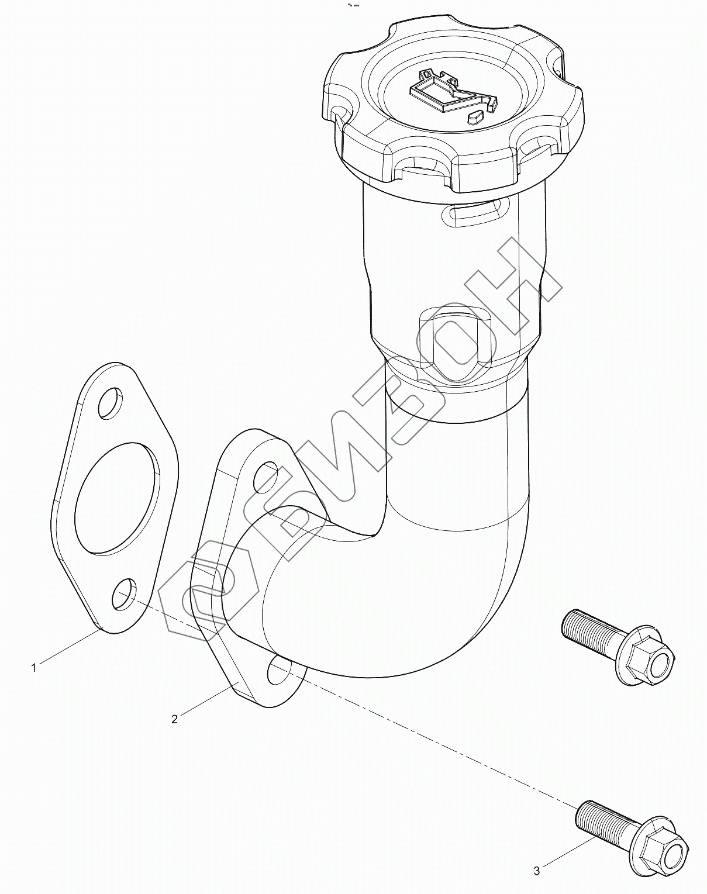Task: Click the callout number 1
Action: (x=34, y=668)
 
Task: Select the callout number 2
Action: (x=175, y=719)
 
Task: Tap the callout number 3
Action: (x=537, y=868)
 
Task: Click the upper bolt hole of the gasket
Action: (x=110, y=402)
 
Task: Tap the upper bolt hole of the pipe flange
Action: (x=265, y=477)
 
